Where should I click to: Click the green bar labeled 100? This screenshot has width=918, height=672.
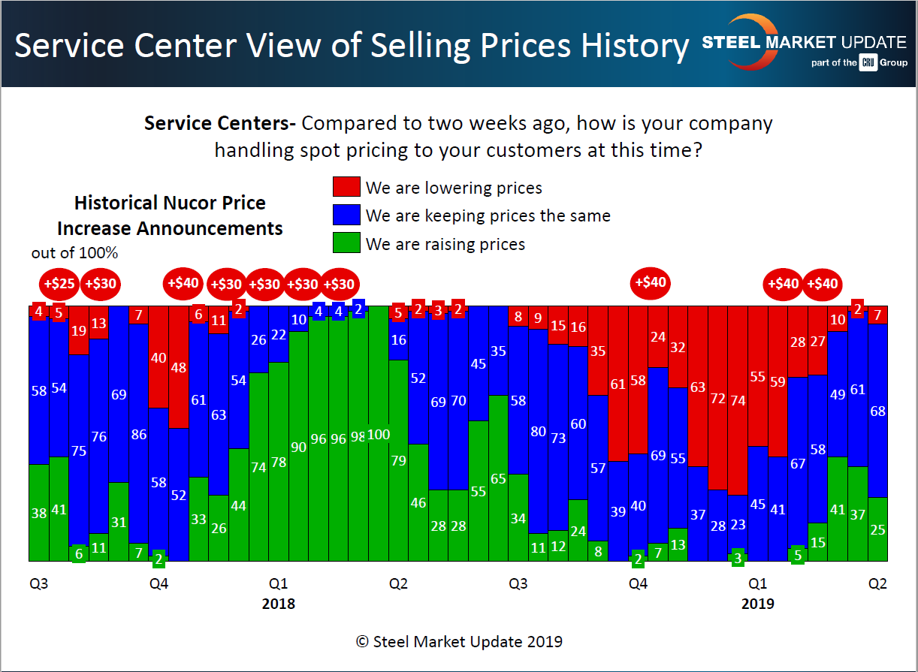click(x=379, y=434)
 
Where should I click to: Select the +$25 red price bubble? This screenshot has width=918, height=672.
click(x=59, y=285)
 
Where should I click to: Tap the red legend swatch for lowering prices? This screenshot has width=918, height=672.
click(x=346, y=187)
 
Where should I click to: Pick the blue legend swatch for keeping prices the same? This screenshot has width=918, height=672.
click(x=346, y=215)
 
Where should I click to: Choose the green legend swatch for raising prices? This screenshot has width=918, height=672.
click(x=346, y=244)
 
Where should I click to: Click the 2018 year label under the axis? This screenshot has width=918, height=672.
click(x=278, y=604)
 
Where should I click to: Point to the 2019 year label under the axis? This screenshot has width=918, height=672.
click(x=757, y=604)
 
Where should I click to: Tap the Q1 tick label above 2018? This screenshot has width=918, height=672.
click(x=278, y=584)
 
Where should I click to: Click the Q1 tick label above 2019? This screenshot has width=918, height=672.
click(x=757, y=584)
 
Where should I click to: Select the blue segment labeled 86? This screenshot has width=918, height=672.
click(x=138, y=433)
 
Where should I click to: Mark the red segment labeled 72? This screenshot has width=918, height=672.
click(x=718, y=398)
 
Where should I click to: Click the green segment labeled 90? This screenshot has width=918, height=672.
click(x=298, y=447)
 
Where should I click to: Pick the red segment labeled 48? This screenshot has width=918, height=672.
click(x=179, y=367)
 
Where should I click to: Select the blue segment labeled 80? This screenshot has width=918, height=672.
click(x=538, y=431)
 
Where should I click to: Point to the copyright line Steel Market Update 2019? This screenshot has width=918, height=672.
click(x=459, y=642)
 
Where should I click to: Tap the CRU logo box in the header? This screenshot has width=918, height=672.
click(x=868, y=63)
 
